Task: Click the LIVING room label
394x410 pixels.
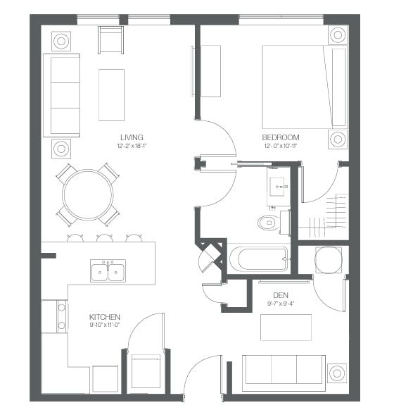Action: click(x=132, y=137)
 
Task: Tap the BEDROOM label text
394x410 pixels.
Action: click(x=281, y=137)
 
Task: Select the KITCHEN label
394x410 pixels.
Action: click(x=105, y=317)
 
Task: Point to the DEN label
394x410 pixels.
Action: click(x=281, y=295)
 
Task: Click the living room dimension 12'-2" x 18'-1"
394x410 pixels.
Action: click(x=132, y=146)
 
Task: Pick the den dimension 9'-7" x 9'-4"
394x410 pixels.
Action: click(x=281, y=304)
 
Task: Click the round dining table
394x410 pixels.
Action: click(x=88, y=194)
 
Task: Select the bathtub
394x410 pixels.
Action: click(x=258, y=259)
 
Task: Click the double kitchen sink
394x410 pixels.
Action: click(x=108, y=271)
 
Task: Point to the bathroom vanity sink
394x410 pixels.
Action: click(x=278, y=187)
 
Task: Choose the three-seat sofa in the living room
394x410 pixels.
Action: click(x=61, y=95)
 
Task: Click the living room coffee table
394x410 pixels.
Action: click(x=111, y=95)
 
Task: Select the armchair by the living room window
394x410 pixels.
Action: click(x=110, y=39)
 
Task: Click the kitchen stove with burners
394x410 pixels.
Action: click(x=62, y=316)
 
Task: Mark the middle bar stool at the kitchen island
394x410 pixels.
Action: click(x=104, y=238)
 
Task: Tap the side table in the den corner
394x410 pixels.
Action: click(x=337, y=373)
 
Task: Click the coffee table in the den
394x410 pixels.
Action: click(x=286, y=328)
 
